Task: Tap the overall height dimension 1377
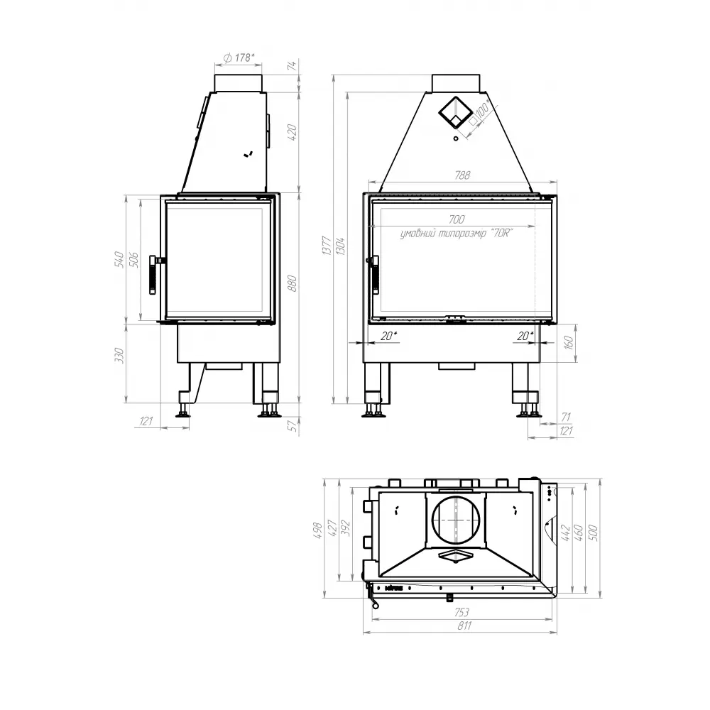325,246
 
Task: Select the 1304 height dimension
341,246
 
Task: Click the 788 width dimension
462,175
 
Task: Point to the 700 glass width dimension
457,219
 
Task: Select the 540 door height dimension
119,259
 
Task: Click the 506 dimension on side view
133,259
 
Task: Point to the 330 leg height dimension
119,353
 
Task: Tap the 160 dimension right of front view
569,342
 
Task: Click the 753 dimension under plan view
461,611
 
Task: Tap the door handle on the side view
153,275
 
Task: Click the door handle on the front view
373,274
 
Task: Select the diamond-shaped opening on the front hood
454,111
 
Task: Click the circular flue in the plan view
454,520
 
